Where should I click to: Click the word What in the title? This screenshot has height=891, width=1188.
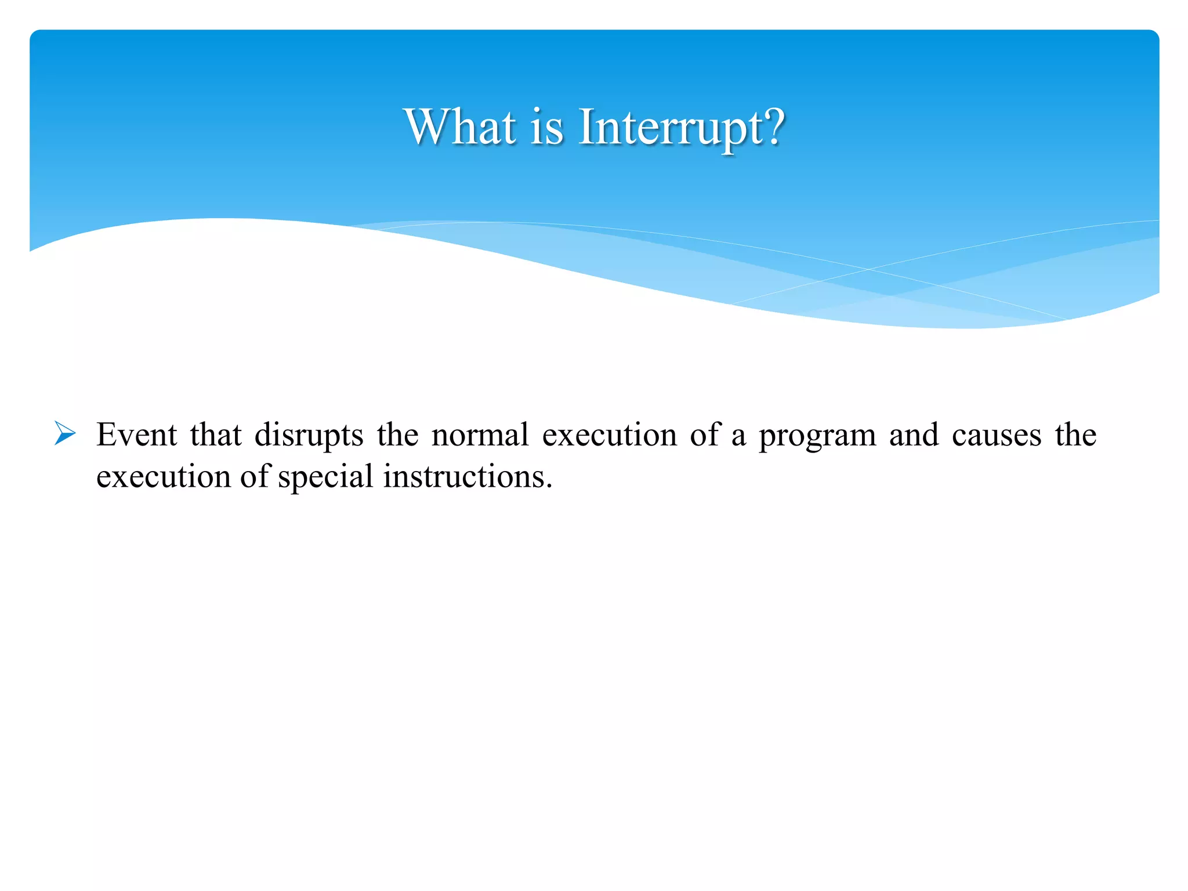(460, 127)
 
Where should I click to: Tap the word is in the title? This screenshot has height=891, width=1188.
(546, 127)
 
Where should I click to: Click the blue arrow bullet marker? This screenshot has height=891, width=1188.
(65, 434)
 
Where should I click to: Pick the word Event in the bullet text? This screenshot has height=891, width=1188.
(136, 434)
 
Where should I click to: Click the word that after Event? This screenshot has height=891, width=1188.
(215, 434)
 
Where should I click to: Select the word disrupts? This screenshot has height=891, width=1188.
(309, 436)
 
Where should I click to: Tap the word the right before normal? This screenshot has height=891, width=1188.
(397, 434)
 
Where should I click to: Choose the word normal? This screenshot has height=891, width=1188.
(480, 434)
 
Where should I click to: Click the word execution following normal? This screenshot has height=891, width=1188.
(609, 434)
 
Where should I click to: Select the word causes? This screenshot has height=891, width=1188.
(996, 436)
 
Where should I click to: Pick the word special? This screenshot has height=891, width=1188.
(325, 477)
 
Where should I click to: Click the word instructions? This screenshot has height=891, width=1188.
(467, 477)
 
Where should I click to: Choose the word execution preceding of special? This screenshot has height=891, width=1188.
(163, 477)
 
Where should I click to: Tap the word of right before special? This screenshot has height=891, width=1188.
(254, 476)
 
